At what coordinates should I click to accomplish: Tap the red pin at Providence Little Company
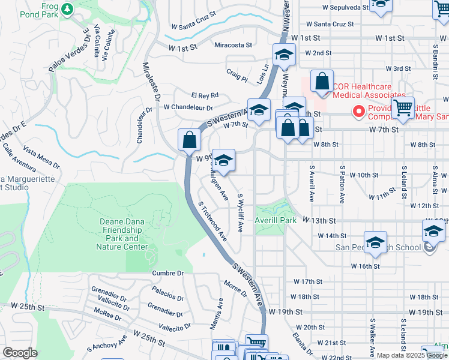coord(358,111)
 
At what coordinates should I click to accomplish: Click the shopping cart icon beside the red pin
coord(403,108)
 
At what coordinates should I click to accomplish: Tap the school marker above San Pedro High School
coord(375,242)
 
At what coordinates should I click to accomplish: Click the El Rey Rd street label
coord(205,95)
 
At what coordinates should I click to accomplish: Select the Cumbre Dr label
coord(168,273)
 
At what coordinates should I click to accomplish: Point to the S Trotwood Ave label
coord(212,219)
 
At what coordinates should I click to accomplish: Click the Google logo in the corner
coord(20,353)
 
